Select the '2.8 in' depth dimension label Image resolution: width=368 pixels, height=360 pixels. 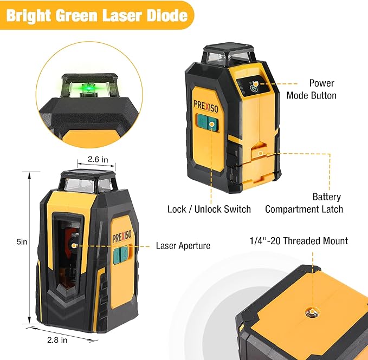[x=57, y=340]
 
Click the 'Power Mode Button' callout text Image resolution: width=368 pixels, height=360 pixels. [x=322, y=89]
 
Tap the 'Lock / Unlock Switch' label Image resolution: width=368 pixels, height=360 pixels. [x=209, y=209]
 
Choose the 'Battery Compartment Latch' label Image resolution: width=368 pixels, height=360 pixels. [x=304, y=203]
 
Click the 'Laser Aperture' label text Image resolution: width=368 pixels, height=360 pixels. [x=183, y=246]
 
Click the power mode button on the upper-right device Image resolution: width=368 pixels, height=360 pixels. [x=255, y=86]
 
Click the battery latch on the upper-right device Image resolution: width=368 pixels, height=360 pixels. [x=261, y=153]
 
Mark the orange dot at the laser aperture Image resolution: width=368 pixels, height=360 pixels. [x=74, y=246]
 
